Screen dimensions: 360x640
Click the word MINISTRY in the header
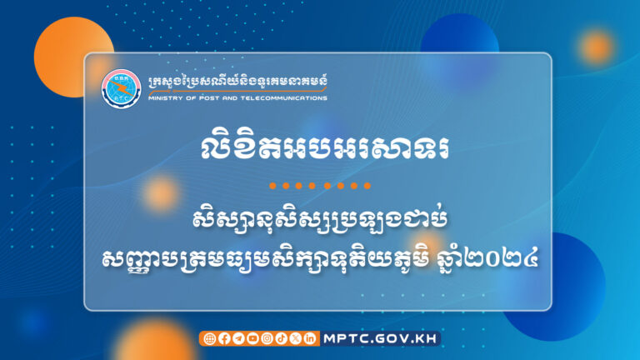tap(163, 97)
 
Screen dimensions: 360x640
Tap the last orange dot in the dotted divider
tap(367, 185)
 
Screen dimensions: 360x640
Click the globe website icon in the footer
tap(209, 338)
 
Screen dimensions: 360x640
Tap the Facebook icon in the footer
tap(223, 338)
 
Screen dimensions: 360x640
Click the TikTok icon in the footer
tap(280, 338)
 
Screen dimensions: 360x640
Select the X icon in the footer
tap(295, 338)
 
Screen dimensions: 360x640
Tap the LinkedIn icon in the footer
tap(309, 338)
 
